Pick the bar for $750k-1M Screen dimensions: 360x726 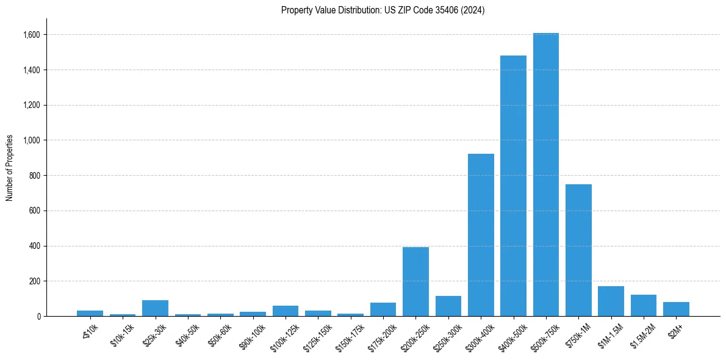pos(578,250)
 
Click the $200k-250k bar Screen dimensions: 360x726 pos(415,281)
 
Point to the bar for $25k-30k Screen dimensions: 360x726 pos(155,308)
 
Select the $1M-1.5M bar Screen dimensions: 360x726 pos(611,301)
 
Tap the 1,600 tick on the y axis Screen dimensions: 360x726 pos(31,35)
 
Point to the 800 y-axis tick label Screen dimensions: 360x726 pos(34,176)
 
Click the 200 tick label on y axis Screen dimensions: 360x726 pos(34,281)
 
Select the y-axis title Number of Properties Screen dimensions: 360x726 pos(10,167)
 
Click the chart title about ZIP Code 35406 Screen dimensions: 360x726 pos(383,10)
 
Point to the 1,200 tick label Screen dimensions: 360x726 pos(31,105)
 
